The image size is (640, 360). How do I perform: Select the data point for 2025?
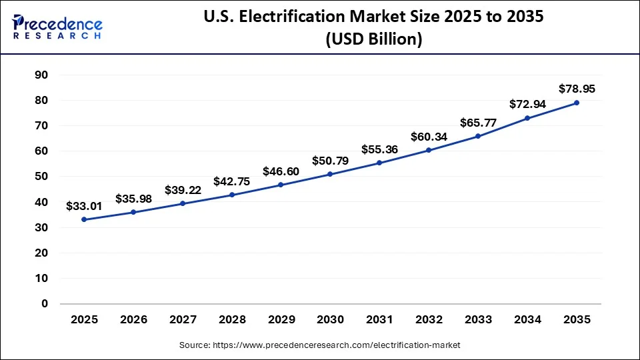coord(84,219)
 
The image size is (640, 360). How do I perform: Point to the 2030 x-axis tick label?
coord(330,319)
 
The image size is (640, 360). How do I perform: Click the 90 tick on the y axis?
coord(41,75)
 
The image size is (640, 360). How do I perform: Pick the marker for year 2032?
coord(429,150)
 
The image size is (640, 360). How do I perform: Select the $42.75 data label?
coord(231,181)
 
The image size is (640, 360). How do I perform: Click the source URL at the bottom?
coord(320,345)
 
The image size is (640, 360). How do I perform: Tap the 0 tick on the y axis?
coord(45,304)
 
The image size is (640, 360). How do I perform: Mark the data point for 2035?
coord(577,103)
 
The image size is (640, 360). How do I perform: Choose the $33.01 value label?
coord(84,206)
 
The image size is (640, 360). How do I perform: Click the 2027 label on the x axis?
coord(183,319)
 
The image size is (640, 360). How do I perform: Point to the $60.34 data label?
coord(429,137)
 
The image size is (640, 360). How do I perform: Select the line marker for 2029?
coord(281,185)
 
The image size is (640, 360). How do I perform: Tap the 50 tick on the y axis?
coord(41,177)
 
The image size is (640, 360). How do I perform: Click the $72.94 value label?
coord(527,104)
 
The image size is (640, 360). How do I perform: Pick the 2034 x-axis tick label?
coord(527,319)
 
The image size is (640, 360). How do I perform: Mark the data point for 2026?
coord(133,212)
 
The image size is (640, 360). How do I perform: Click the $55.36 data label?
coord(379,149)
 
